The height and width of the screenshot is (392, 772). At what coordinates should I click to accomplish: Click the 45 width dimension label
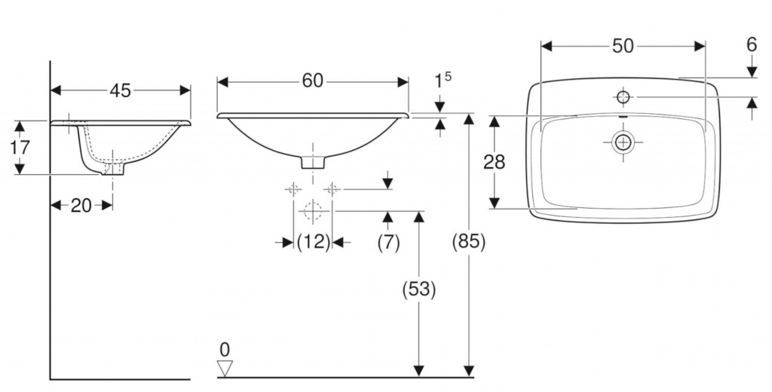[120, 90]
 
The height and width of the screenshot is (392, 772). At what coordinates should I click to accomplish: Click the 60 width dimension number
[313, 81]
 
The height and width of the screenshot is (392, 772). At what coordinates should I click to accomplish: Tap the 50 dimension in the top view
[623, 46]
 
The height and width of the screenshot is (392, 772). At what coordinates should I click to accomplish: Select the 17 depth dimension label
[20, 147]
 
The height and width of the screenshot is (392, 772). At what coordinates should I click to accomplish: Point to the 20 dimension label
[81, 205]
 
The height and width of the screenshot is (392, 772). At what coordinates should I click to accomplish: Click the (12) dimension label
[313, 242]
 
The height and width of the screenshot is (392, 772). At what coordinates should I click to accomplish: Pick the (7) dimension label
[388, 242]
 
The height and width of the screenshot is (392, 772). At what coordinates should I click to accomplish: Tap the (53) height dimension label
[419, 289]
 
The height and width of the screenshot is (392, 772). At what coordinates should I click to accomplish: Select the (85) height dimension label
[469, 241]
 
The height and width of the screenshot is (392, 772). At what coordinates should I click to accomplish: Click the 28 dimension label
[494, 161]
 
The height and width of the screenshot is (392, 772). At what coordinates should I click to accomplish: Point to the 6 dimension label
[752, 44]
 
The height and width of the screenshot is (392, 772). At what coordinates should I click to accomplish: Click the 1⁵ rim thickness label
[442, 80]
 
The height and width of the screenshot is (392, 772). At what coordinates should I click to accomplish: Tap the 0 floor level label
[225, 350]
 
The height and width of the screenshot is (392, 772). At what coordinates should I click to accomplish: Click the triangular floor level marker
[225, 369]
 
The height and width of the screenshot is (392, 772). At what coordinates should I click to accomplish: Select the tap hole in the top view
[623, 97]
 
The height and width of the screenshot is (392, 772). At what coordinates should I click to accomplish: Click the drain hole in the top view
[623, 142]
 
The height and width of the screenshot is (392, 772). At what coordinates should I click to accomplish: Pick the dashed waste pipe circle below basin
[313, 211]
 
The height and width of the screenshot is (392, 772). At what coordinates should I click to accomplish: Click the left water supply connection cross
[293, 188]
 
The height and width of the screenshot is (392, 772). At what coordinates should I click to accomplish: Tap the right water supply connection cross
[332, 188]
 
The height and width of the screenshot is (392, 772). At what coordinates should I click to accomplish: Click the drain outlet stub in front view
[313, 162]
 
